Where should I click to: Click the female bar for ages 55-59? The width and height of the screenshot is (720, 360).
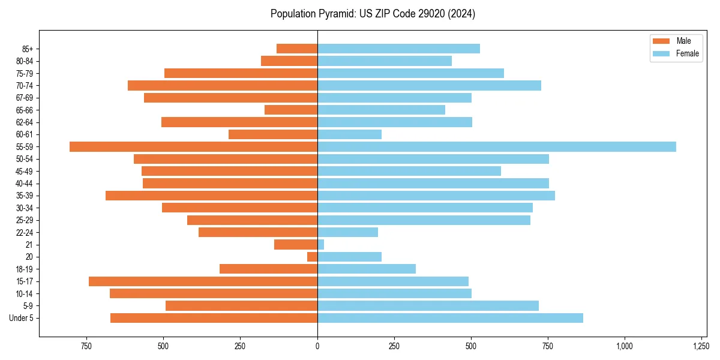(497, 147)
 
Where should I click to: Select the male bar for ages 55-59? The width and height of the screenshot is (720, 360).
(193, 147)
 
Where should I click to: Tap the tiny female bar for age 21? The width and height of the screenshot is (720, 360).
(320, 245)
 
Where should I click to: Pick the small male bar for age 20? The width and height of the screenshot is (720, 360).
(313, 257)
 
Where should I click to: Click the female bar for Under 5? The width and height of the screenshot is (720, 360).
(450, 318)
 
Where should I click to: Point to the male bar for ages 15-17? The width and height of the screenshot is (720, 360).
(203, 281)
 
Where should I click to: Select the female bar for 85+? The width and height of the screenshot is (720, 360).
(398, 49)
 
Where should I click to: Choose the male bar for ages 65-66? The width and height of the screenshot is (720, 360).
(291, 110)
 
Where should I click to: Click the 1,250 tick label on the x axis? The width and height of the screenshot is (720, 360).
(701, 346)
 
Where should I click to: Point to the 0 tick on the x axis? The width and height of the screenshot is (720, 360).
(317, 346)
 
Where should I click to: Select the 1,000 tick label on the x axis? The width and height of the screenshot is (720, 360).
(625, 346)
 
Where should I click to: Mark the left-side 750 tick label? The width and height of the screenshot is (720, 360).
(86, 346)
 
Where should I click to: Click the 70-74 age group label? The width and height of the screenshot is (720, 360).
(25, 86)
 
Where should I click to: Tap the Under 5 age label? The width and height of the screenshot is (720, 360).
(22, 318)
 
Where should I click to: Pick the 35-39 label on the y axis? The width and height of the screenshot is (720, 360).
(25, 196)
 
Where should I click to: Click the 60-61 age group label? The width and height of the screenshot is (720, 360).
(25, 134)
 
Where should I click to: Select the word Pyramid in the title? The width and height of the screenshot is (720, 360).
(334, 14)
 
